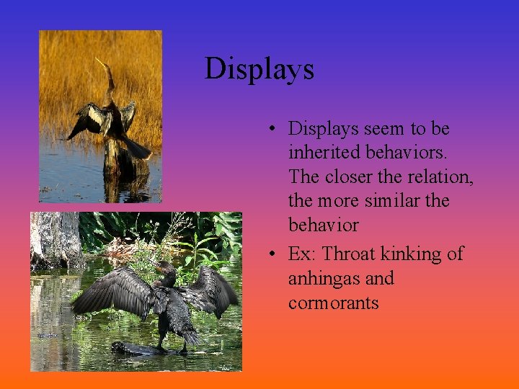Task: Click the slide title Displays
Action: click(x=259, y=69)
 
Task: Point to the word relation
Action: click(x=443, y=176)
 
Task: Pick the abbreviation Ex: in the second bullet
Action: click(x=302, y=254)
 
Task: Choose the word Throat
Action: click(x=349, y=254)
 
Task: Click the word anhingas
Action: click(x=321, y=279)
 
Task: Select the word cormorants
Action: click(x=333, y=303)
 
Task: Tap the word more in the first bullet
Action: click(x=338, y=201)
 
